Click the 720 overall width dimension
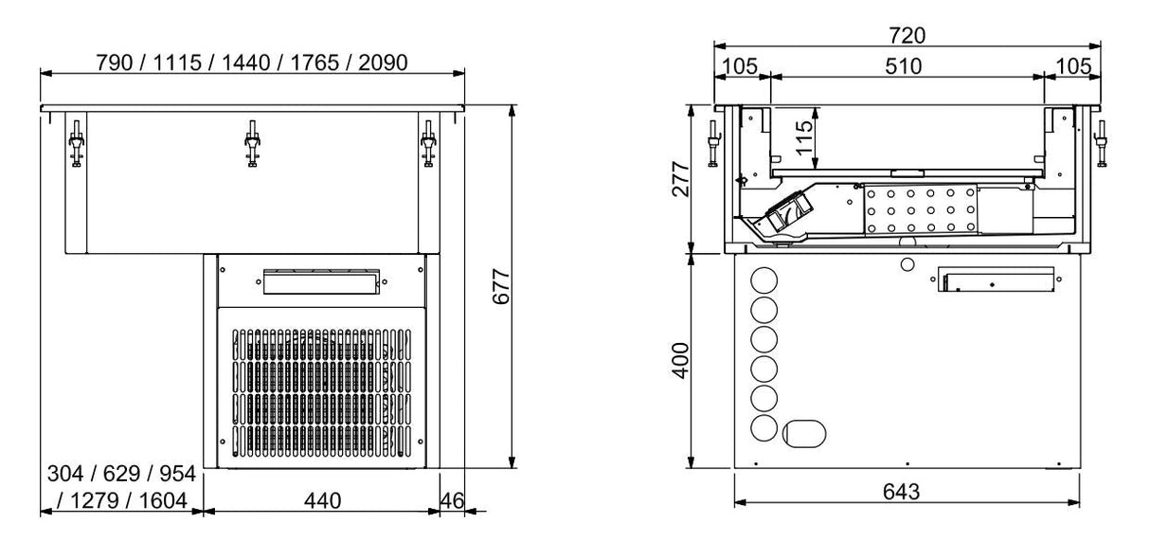[907, 36]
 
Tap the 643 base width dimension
[907, 492]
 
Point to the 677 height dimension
[502, 286]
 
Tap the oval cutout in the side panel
[804, 433]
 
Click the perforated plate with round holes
[919, 207]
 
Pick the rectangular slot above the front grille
[319, 281]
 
